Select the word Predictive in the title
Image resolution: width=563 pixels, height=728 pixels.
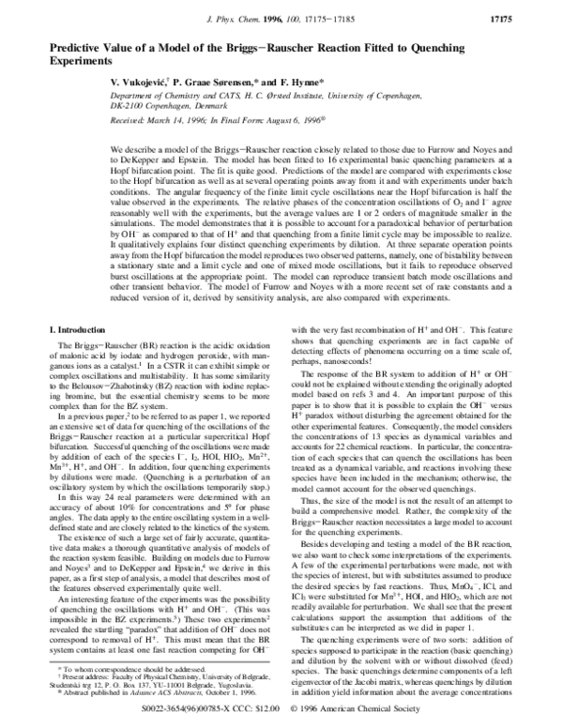(x=77, y=47)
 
